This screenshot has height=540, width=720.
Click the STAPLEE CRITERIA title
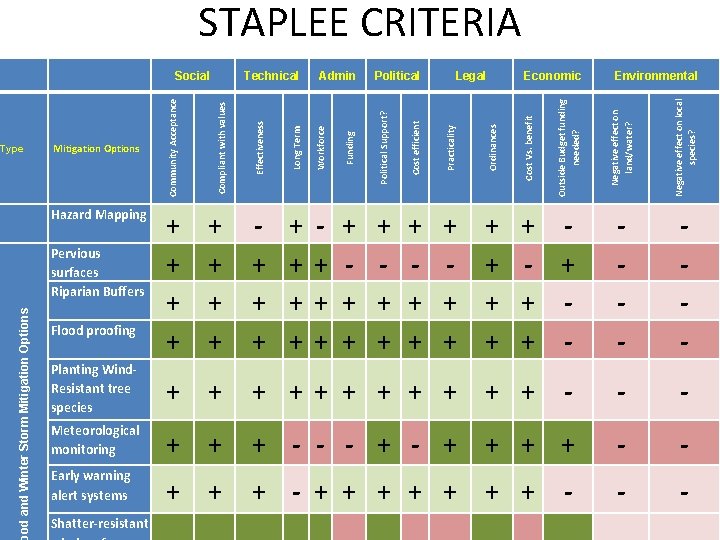(x=360, y=23)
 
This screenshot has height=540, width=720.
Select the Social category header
(x=192, y=76)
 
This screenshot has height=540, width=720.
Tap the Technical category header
(x=271, y=76)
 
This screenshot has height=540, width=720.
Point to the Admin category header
(x=337, y=76)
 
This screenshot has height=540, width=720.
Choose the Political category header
(x=397, y=76)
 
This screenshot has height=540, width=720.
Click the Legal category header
(x=470, y=76)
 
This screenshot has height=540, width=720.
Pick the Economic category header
(x=552, y=76)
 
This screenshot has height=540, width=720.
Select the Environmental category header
(x=656, y=76)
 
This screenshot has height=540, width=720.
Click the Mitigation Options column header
(x=96, y=149)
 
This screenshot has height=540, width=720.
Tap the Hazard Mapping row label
(x=99, y=215)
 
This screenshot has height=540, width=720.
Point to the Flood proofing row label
(x=93, y=331)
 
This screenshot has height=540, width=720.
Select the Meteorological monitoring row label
(x=96, y=440)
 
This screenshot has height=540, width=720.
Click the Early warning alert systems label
(x=91, y=486)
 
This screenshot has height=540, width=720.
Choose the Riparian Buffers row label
(x=98, y=292)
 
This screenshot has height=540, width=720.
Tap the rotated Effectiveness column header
(x=260, y=146)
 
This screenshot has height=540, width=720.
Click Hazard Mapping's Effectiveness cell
(x=260, y=227)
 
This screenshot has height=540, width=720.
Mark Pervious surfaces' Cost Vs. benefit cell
(x=528, y=265)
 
